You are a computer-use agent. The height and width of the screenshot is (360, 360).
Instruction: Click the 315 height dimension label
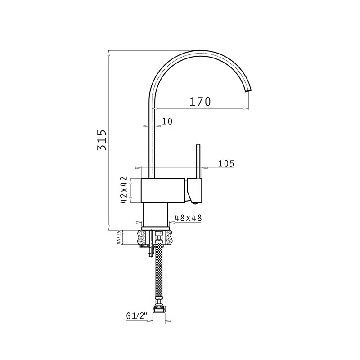(x=102, y=140)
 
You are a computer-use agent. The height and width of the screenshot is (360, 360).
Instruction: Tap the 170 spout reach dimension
(x=200, y=102)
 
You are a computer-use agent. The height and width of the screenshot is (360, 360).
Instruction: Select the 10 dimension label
(x=167, y=121)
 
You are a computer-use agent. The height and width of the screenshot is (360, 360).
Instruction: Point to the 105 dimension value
(x=226, y=164)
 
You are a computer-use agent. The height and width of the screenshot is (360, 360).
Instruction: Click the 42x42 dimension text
(x=124, y=190)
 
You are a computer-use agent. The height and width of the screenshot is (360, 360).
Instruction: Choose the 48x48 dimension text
(x=188, y=218)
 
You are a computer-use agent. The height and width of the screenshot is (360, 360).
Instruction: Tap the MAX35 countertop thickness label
(x=119, y=238)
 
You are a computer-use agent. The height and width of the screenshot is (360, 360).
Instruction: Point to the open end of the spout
(x=248, y=91)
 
